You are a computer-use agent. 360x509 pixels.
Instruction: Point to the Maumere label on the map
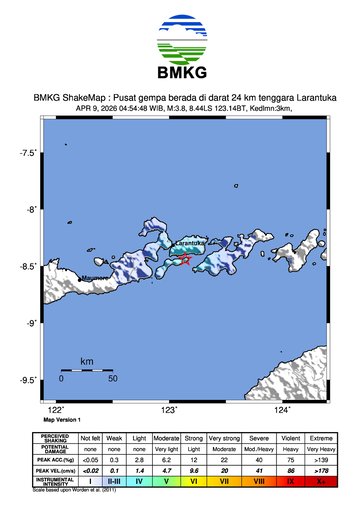pos(95,277)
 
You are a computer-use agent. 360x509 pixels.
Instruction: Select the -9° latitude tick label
pos(30,323)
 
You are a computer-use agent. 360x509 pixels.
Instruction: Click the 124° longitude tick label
pos(283,409)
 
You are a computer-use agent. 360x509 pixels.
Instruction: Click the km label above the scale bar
pos(87,360)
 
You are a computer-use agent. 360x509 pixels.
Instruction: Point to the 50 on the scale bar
pos(113,379)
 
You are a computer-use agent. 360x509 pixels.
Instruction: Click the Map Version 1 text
pos(62,420)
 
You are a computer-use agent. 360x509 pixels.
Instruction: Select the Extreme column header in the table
pos(323,437)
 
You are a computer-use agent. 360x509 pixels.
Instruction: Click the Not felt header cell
pos(90,437)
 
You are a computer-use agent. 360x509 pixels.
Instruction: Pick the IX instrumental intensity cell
pos(293,481)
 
